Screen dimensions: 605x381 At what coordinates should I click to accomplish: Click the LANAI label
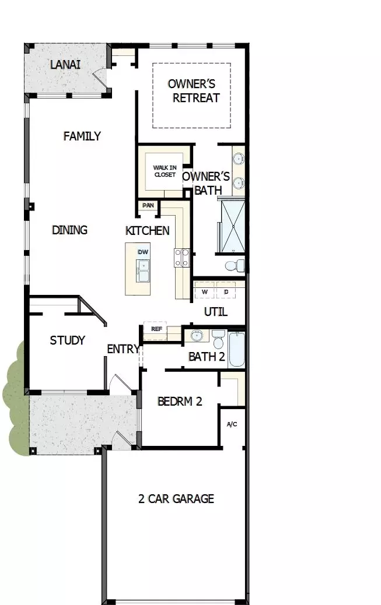[x=65, y=65]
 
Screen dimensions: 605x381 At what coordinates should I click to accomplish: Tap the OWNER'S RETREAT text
[x=193, y=91]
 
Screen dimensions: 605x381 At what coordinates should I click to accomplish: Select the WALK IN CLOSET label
[x=165, y=171]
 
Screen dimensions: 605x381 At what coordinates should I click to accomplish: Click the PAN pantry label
[x=148, y=206]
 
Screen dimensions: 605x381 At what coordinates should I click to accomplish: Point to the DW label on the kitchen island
[x=142, y=252]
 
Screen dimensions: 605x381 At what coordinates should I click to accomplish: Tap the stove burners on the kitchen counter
[x=182, y=258]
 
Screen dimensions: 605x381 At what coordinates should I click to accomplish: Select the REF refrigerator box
[x=156, y=329]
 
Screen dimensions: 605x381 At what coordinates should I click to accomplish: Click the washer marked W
[x=205, y=291]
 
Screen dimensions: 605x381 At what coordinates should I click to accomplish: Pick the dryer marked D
[x=226, y=291]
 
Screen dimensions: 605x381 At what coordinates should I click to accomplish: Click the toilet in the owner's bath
[x=235, y=266]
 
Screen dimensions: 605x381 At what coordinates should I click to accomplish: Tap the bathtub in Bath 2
[x=236, y=349]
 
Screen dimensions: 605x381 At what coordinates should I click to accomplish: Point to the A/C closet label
[x=232, y=424]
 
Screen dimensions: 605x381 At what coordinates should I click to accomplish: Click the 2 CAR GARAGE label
[x=176, y=499]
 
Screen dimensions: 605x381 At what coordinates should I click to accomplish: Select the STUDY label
[x=68, y=340]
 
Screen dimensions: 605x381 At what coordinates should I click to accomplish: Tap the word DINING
[x=69, y=230]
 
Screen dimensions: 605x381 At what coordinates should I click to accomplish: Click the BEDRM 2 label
[x=180, y=402]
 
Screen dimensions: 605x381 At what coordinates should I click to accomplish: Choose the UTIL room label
[x=215, y=312]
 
